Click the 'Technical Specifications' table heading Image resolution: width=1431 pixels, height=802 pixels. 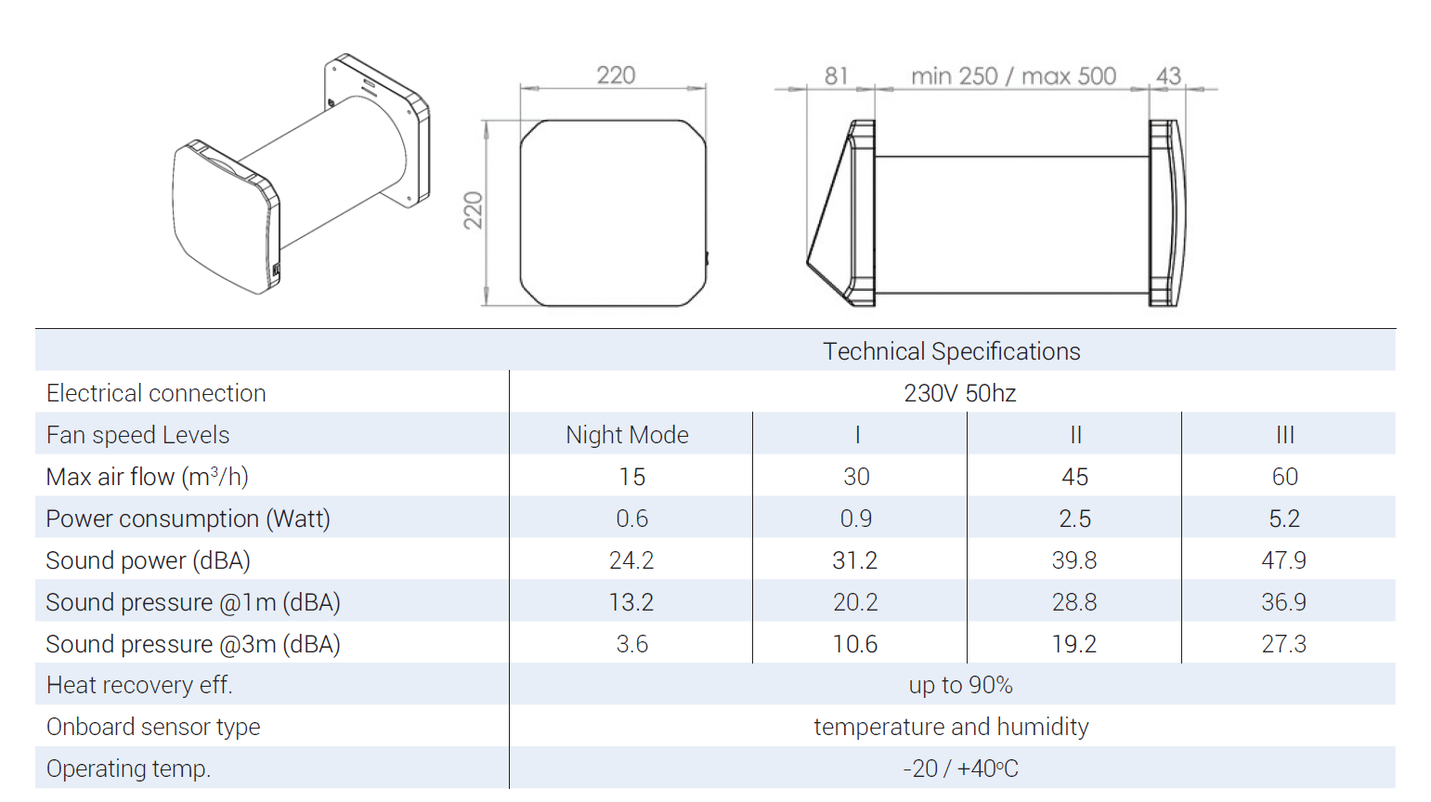click(951, 351)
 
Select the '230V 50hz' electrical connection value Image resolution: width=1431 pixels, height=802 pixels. click(959, 393)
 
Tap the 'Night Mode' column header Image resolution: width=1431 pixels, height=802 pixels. click(628, 435)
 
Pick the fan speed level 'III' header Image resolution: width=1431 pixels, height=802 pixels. click(1284, 435)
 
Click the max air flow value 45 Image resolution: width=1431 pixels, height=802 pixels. click(1074, 477)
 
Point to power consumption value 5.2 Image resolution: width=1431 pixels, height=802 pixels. click(1284, 518)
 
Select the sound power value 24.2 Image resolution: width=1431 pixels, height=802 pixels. click(631, 560)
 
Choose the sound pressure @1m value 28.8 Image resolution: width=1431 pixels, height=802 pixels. click(1074, 602)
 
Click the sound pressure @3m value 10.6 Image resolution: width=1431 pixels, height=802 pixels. click(854, 643)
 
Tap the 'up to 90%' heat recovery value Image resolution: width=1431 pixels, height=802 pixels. click(961, 685)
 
